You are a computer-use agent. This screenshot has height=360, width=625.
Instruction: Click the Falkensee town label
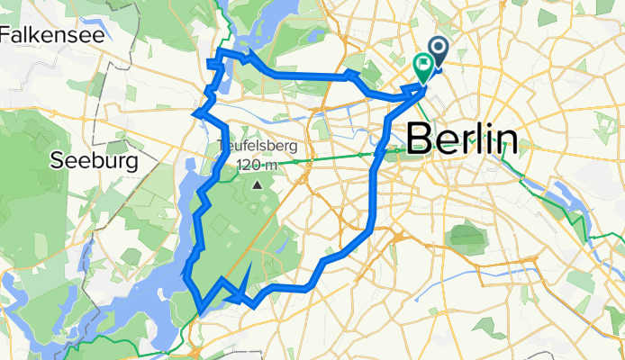pos(51,35)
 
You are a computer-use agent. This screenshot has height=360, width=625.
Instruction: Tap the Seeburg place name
pos(94,161)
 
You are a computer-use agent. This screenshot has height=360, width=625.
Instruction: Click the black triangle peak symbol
pos(258,185)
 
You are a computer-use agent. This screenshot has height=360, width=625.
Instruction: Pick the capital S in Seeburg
pos(58,161)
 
